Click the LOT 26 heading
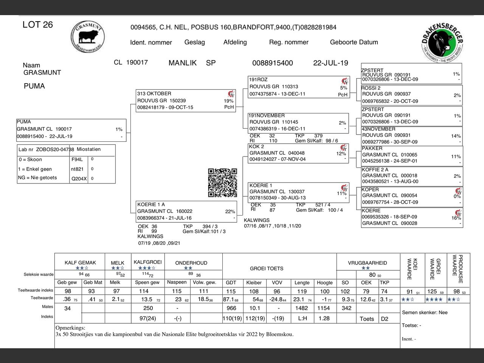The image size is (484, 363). click(x=37, y=25)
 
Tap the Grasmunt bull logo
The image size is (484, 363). click(x=87, y=37)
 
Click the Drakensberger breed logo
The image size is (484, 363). click(x=442, y=42)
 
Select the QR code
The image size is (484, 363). click(x=223, y=183)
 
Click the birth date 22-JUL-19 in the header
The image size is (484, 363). click(x=330, y=63)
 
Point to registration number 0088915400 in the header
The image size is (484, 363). click(x=272, y=63)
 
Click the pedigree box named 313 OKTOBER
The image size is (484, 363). click(x=186, y=101)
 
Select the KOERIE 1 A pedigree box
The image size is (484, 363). click(x=186, y=211)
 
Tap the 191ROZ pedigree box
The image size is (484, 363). click(x=298, y=87)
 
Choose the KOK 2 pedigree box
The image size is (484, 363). click(x=298, y=153)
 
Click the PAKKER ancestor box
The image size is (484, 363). click(x=411, y=155)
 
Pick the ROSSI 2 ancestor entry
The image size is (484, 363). click(x=411, y=95)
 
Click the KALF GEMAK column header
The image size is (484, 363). click(x=80, y=263)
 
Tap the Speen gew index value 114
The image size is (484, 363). click(x=144, y=291)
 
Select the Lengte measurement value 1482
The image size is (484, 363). click(x=302, y=308)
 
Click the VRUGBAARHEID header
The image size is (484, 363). click(x=367, y=263)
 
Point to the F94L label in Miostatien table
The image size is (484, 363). click(x=77, y=160)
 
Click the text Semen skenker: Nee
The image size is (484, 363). click(x=425, y=313)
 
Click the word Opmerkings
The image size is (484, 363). click(x=70, y=328)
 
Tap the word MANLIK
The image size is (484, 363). click(x=183, y=63)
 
